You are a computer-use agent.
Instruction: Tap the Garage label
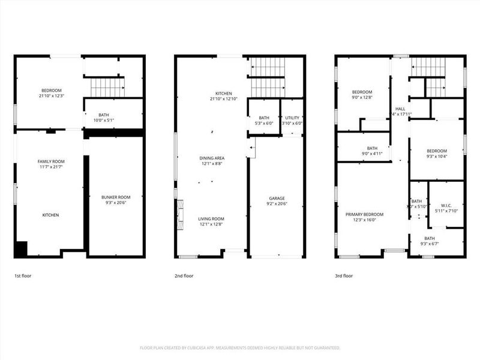tap(277, 199)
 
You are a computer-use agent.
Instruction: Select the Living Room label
tap(211, 219)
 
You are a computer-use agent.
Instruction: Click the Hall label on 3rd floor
tap(400, 109)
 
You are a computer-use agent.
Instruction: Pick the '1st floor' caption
tap(24, 276)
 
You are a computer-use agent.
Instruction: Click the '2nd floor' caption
tap(184, 276)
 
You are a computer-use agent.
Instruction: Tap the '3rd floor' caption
tap(344, 276)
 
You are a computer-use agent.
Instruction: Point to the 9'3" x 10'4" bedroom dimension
tap(436, 157)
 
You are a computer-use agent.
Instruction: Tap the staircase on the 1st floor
tap(107, 87)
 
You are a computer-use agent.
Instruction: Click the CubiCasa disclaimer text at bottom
tap(240, 347)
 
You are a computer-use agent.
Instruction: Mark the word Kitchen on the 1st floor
tap(50, 215)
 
